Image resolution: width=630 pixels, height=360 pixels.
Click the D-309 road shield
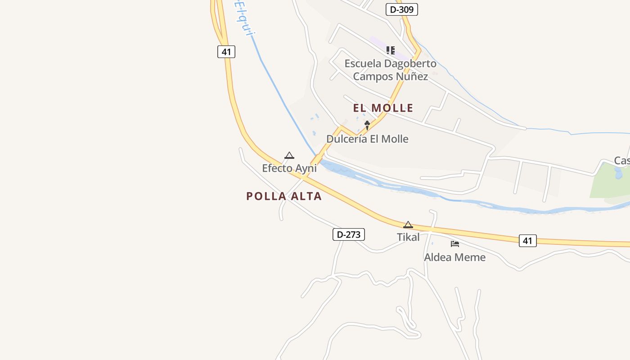click(x=402, y=9)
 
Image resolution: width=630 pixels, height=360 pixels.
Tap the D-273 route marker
click(x=348, y=234)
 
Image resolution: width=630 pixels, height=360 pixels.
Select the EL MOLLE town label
click(x=383, y=108)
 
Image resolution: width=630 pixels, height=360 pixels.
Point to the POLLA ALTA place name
click(x=284, y=196)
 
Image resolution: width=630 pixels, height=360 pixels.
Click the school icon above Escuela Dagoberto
click(x=391, y=50)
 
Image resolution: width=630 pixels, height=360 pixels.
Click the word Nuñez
click(x=411, y=76)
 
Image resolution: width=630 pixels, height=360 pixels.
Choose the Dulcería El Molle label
click(x=367, y=139)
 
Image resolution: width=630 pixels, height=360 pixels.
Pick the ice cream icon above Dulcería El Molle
click(x=367, y=125)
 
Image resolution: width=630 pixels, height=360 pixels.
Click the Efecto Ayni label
click(x=289, y=168)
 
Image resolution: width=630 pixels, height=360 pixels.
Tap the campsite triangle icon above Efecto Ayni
click(x=289, y=156)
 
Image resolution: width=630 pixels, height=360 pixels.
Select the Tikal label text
click(x=408, y=237)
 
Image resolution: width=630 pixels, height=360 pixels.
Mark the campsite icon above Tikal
click(x=408, y=225)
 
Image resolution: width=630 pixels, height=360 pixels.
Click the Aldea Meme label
click(x=454, y=257)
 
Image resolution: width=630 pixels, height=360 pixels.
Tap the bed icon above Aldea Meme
click(x=455, y=244)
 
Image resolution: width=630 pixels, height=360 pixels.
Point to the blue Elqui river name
click(x=242, y=18)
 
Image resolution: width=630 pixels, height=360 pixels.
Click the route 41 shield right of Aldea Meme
click(x=527, y=241)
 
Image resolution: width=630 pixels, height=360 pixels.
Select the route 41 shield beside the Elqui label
click(x=226, y=52)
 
